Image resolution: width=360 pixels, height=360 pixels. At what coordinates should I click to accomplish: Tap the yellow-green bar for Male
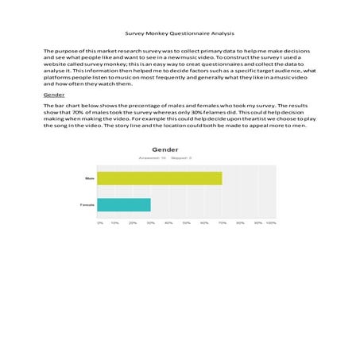(160, 178)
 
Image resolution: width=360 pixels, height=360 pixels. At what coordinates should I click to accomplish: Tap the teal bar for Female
(125, 205)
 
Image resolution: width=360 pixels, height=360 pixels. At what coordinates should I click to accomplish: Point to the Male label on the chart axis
(90, 178)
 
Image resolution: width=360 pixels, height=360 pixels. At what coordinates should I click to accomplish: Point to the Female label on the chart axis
(88, 205)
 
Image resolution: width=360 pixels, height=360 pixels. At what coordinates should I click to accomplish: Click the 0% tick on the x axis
(100, 223)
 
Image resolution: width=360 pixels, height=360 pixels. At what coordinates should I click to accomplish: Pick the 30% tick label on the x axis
(151, 223)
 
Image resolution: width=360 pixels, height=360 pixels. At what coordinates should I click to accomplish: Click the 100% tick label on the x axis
(271, 223)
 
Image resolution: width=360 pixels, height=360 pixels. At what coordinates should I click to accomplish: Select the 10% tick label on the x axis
(116, 223)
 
